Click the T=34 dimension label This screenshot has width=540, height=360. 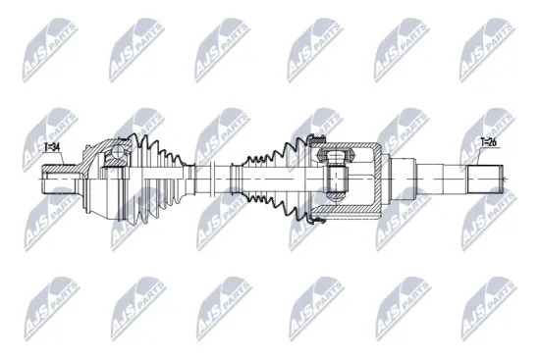pos(52,147)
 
